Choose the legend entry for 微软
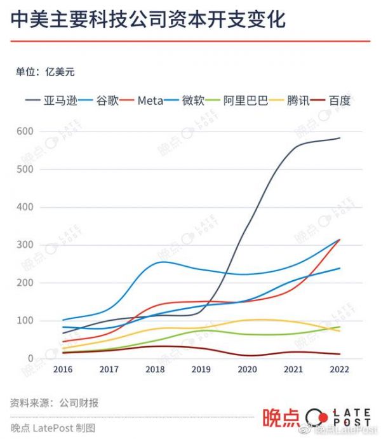pyautogui.click(x=193, y=100)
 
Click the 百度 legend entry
pyautogui.click(x=340, y=100)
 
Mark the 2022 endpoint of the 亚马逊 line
pyautogui.click(x=340, y=138)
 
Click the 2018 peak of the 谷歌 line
pyautogui.click(x=163, y=262)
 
